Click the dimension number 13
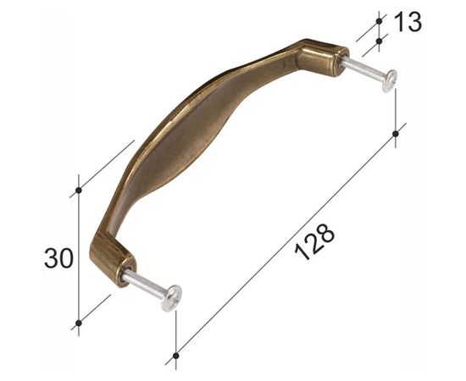408,23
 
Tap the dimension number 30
58,258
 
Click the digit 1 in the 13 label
400,23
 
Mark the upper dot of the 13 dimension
379,21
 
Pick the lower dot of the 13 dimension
379,41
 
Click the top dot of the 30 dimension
79,190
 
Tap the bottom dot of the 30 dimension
79,323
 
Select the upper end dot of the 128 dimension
396,134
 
